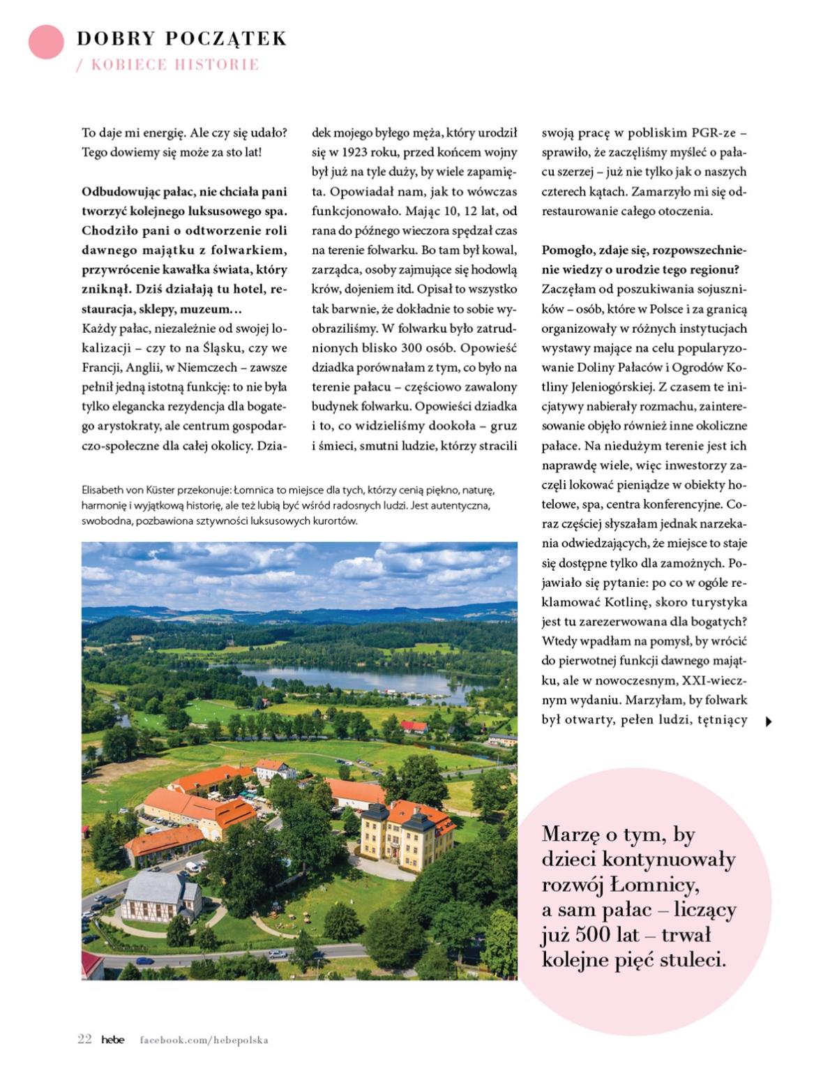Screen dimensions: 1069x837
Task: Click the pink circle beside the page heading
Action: pyautogui.click(x=46, y=42)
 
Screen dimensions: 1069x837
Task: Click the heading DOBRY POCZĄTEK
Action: pyautogui.click(x=181, y=38)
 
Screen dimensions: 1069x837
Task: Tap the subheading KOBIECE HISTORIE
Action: pyautogui.click(x=174, y=65)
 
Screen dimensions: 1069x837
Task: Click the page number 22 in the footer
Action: pyautogui.click(x=84, y=1039)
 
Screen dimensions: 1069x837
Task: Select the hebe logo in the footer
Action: pyautogui.click(x=112, y=1040)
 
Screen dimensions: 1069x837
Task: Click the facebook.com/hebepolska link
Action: pyautogui.click(x=204, y=1040)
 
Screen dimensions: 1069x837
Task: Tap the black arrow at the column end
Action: pyautogui.click(x=769, y=722)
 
